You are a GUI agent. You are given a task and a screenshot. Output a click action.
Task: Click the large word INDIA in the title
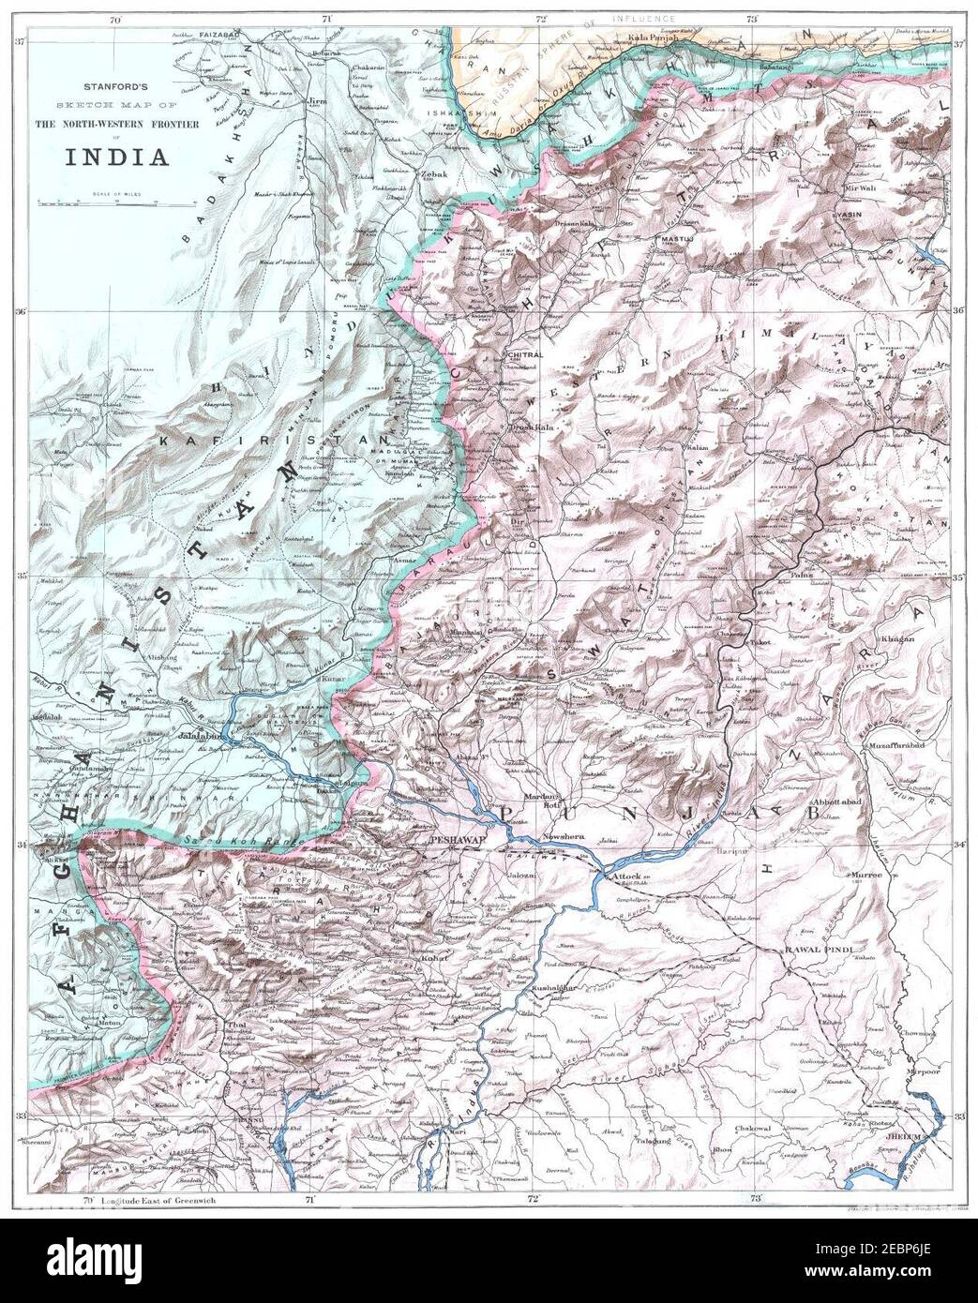(116, 156)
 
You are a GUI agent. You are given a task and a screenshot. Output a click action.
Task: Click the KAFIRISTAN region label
(208, 439)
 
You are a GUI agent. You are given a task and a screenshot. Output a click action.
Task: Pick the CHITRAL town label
(525, 357)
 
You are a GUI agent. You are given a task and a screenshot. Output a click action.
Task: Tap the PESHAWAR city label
(456, 841)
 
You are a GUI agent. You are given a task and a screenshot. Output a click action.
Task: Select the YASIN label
(849, 215)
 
